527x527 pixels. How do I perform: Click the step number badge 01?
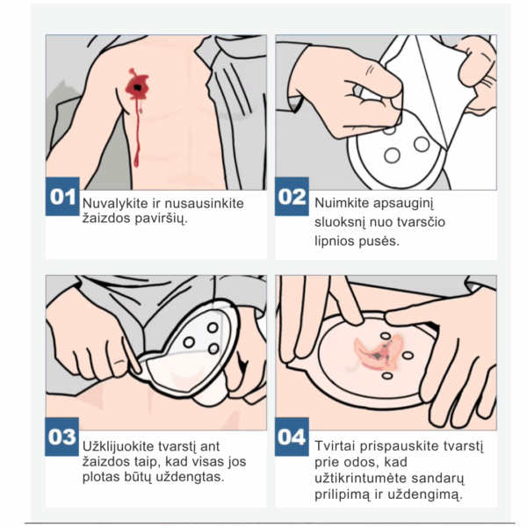click(x=62, y=196)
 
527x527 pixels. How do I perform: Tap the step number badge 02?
click(x=292, y=196)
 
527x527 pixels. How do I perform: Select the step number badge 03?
click(x=62, y=437)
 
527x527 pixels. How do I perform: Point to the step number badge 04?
click(x=292, y=437)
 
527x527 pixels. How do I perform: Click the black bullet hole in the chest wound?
click(x=138, y=87)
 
